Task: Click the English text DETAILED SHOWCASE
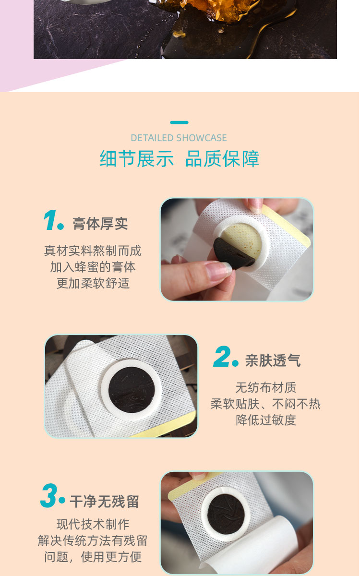[179, 138]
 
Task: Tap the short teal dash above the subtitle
[179, 122]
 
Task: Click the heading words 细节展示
[136, 159]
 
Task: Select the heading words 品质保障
[222, 159]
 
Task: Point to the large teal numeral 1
[50, 220]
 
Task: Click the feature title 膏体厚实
[100, 224]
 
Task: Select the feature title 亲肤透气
[273, 360]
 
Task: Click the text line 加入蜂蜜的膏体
[93, 267]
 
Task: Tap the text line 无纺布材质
[266, 387]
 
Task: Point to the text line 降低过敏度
[266, 420]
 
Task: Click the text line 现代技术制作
[93, 524]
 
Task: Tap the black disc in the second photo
[132, 390]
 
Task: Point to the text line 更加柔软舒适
[93, 284]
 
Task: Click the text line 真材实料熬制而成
[93, 251]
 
